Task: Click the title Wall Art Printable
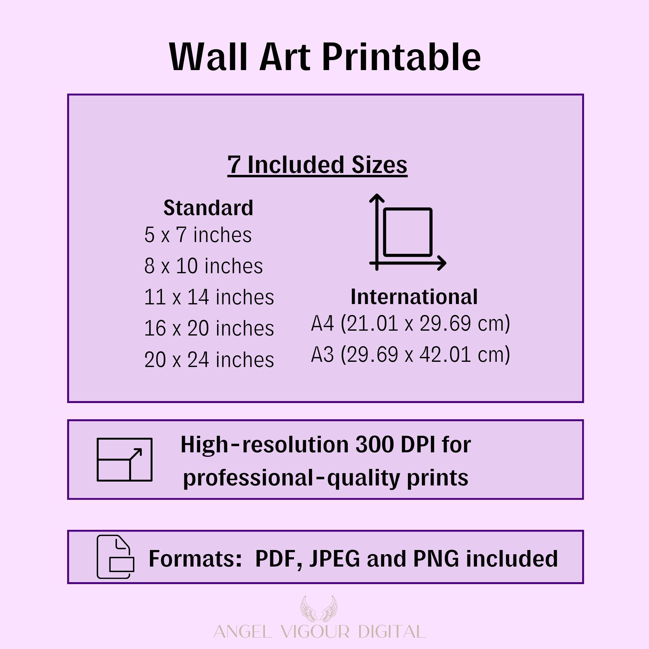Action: tap(325, 57)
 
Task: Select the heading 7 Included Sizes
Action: tap(317, 165)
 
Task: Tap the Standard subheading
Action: tap(208, 208)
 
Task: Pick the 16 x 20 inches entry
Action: tap(209, 328)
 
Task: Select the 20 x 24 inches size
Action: tap(209, 360)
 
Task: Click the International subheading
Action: tap(414, 297)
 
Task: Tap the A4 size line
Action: tap(410, 324)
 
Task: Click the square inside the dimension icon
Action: tap(408, 232)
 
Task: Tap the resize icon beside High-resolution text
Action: tap(125, 459)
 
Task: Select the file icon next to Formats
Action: tap(116, 557)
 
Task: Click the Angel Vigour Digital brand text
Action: tap(320, 632)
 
